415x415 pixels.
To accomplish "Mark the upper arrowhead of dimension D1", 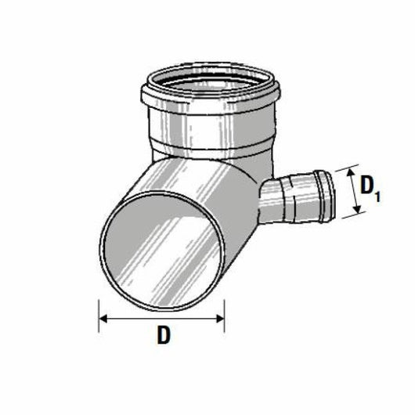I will click(351, 171).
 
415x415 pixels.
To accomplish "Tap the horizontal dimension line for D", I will click(161, 319).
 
